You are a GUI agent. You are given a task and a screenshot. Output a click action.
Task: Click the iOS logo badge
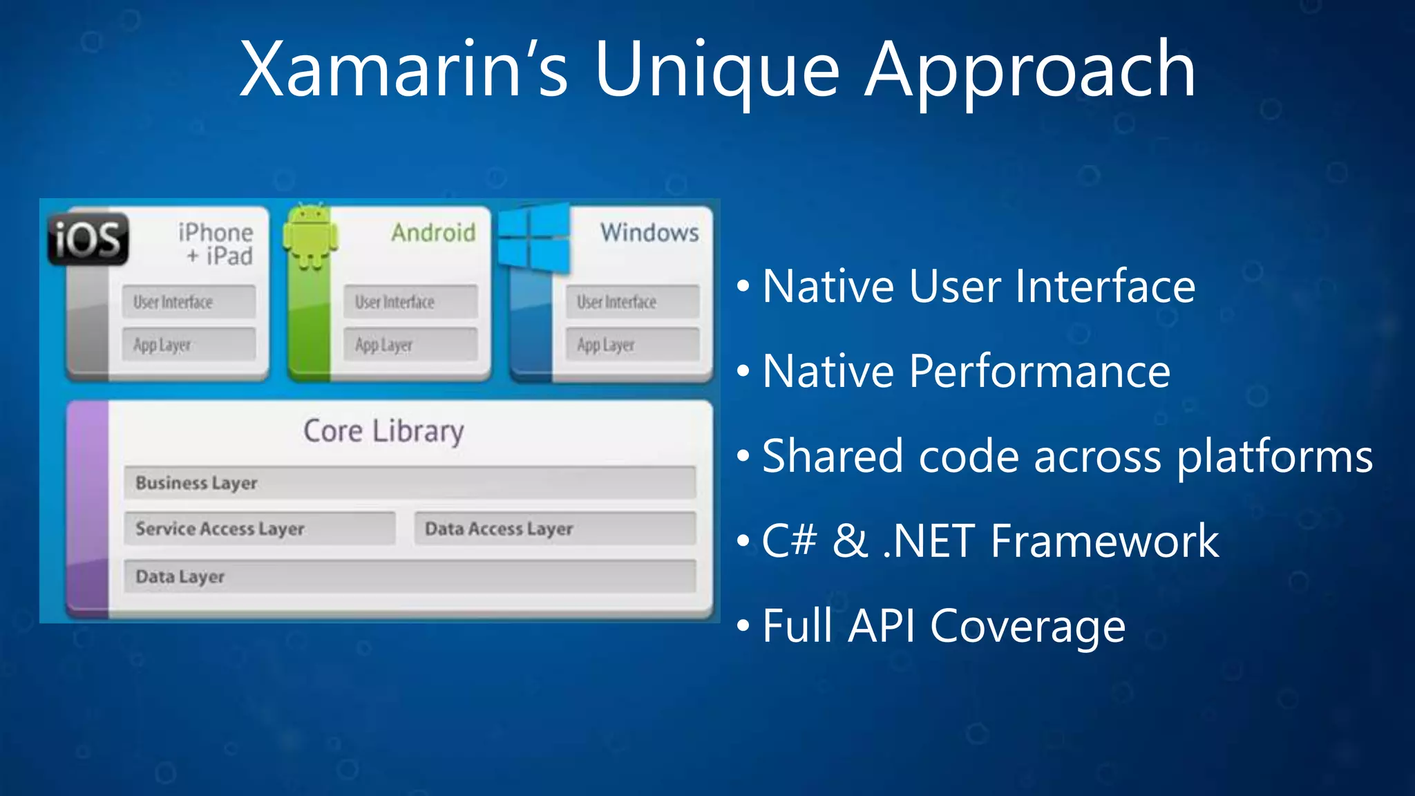point(88,239)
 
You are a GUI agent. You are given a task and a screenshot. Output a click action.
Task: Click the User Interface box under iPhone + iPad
point(189,302)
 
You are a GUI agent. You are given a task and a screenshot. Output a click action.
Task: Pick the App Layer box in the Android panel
point(410,344)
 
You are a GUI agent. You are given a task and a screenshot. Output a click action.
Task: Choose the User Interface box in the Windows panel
point(632,302)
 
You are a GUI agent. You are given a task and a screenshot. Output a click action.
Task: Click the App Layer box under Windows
point(632,344)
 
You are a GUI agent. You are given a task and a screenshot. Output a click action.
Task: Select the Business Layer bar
point(410,482)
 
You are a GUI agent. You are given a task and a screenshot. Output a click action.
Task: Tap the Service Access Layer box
point(260,529)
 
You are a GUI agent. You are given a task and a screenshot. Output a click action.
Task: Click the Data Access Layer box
point(555,529)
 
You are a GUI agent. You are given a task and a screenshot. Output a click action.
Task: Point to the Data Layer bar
point(410,576)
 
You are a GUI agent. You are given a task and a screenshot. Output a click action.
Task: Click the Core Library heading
point(383,431)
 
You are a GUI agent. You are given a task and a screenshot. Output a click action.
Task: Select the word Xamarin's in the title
point(403,69)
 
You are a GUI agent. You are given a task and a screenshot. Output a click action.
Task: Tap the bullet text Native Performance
point(966,372)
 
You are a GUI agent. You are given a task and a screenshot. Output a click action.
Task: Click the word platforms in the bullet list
point(1275,457)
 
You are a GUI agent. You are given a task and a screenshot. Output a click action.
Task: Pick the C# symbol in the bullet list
point(789,541)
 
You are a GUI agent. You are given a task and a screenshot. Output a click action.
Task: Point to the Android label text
point(433,233)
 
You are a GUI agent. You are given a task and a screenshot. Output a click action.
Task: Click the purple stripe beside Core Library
point(88,508)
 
